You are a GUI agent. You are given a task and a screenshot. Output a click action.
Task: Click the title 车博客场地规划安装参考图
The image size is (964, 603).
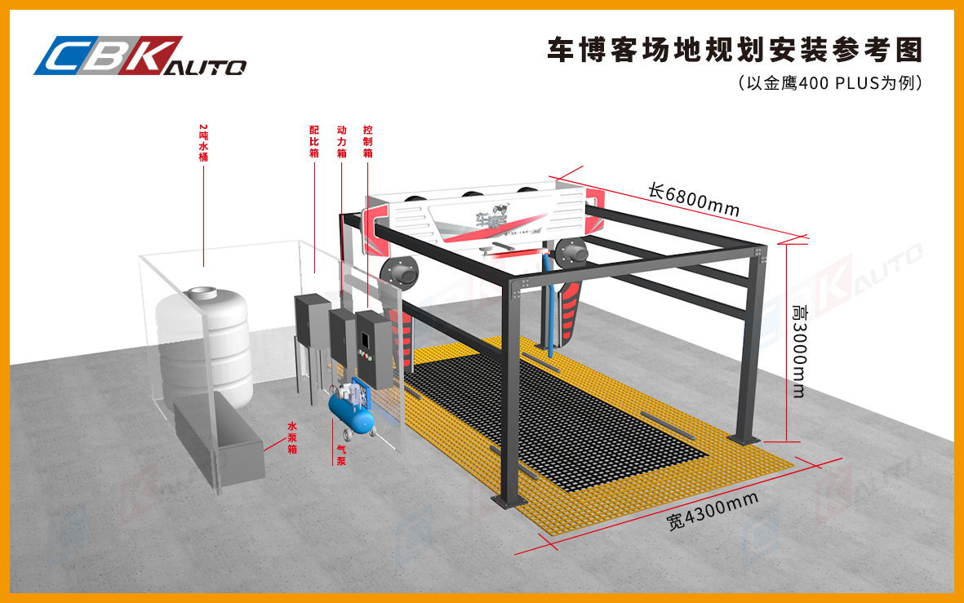(734, 50)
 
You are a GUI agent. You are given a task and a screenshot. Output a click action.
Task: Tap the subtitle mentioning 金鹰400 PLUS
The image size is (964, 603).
(829, 83)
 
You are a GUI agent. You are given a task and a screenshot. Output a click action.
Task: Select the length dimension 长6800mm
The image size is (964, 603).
(693, 201)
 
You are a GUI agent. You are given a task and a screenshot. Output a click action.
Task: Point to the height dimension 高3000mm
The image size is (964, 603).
(798, 352)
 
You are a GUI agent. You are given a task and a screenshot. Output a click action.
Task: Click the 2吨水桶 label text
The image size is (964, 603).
(203, 142)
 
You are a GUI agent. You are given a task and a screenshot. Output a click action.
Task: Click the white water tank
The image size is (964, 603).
(204, 343)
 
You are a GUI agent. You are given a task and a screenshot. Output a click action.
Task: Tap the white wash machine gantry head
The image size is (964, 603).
(482, 216)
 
